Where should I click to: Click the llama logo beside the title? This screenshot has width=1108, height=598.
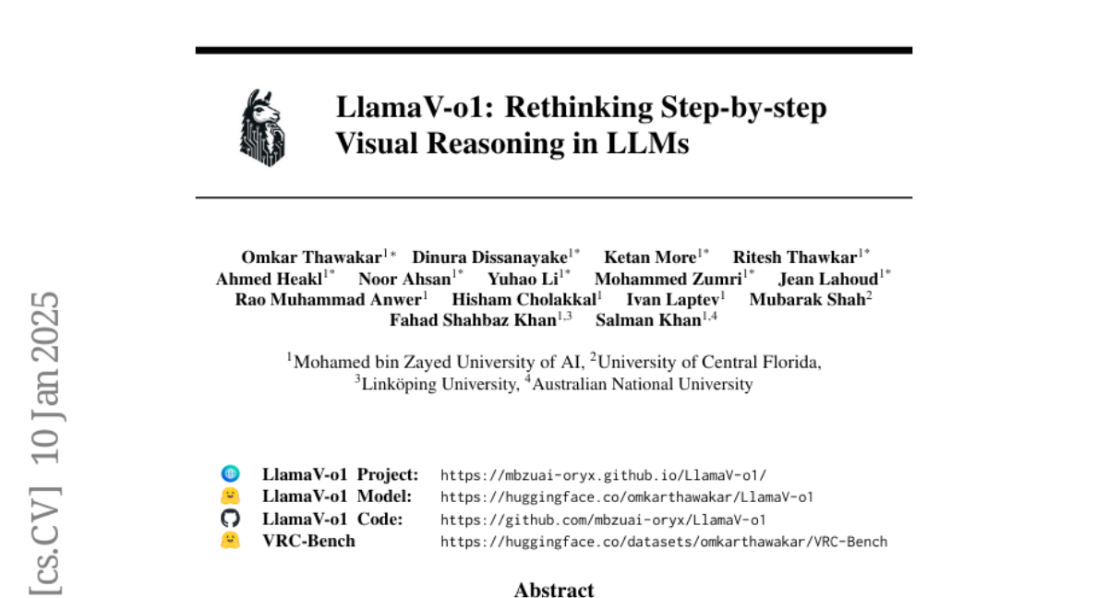tap(262, 127)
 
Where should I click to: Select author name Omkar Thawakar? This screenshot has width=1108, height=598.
tap(311, 257)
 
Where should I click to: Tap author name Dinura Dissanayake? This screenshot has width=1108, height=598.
tap(489, 257)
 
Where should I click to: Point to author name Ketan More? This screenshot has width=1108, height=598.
tap(650, 257)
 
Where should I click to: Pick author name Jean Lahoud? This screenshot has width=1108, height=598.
tap(827, 279)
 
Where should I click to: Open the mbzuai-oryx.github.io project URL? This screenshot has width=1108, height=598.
tap(603, 475)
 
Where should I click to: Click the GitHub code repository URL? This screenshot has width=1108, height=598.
tap(603, 520)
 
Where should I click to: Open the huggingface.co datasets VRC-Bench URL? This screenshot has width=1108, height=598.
tap(663, 542)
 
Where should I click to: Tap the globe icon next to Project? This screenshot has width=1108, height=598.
tap(230, 474)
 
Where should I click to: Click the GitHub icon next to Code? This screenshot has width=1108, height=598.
tap(230, 519)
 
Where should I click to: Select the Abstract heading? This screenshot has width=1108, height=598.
tap(554, 590)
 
